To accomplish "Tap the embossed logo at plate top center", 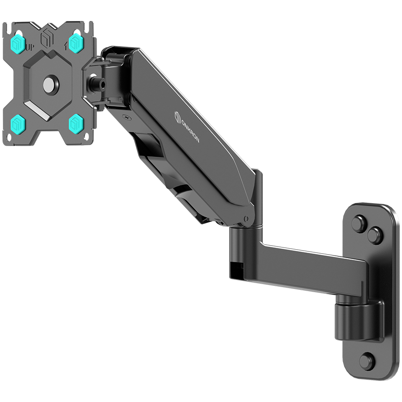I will pyautogui.click(x=46, y=38).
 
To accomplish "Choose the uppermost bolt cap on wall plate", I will pyautogui.click(x=360, y=223).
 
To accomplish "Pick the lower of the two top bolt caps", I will pyautogui.click(x=375, y=235).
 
